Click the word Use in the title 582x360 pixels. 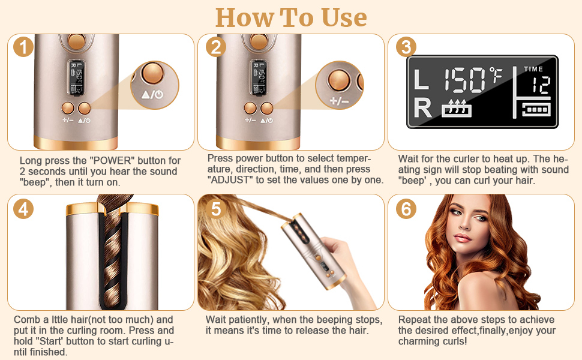344,17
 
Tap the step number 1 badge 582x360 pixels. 23,47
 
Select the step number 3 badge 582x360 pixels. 406,47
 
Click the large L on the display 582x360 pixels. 421,79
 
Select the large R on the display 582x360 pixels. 423,107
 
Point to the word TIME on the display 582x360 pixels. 533,69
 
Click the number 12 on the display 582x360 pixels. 541,85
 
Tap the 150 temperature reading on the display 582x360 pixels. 465,79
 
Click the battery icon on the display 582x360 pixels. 536,109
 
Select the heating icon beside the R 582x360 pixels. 456,109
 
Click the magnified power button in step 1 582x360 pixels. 153,73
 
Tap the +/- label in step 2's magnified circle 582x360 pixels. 339,101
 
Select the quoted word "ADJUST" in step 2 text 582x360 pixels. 230,180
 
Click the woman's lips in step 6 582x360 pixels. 463,238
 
